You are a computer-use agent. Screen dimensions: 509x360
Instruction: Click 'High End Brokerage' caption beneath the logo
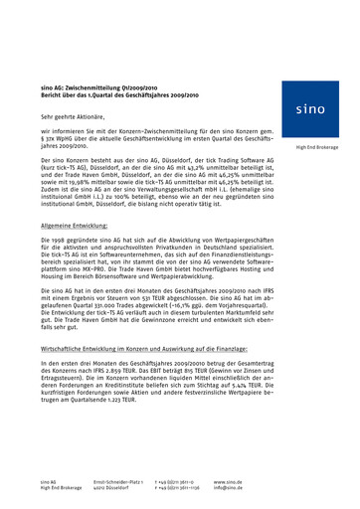click(x=308, y=149)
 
